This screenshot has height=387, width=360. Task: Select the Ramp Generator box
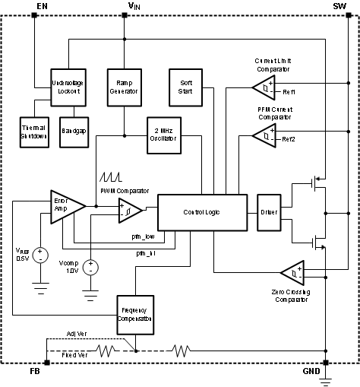(124, 86)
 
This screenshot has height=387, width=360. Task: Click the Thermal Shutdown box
(33, 131)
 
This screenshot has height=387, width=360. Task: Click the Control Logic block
(203, 210)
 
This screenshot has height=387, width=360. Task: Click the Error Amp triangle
(65, 206)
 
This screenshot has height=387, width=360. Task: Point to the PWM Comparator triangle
(128, 213)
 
